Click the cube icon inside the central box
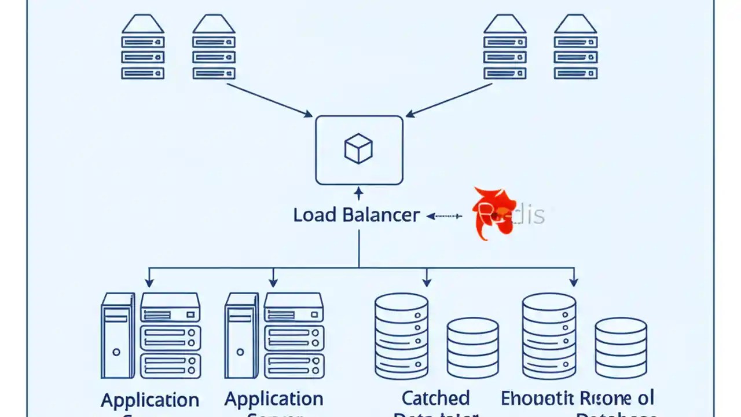[358, 149]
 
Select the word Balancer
[380, 215]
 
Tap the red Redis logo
[493, 213]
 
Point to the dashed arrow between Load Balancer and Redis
[444, 216]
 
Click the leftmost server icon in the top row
[142, 47]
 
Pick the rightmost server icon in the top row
[575, 47]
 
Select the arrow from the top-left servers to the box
[269, 100]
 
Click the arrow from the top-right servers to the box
[449, 100]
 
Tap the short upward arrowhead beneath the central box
[358, 192]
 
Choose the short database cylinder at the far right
[621, 348]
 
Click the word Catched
[435, 398]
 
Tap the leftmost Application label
[150, 400]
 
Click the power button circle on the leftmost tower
[116, 352]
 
